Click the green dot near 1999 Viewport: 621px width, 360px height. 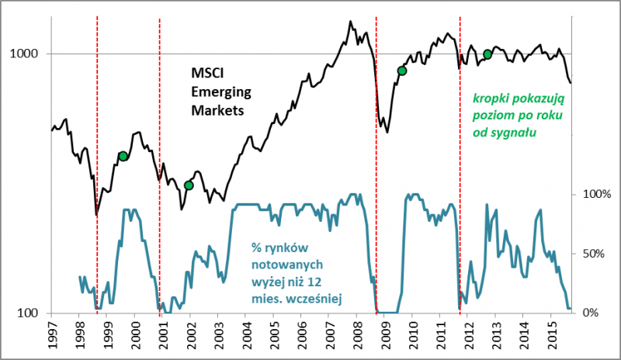point(123,156)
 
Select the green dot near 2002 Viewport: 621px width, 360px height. point(189,185)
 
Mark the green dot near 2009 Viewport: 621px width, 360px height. point(402,71)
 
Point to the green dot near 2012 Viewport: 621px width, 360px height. point(487,54)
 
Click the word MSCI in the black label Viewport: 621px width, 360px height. point(206,74)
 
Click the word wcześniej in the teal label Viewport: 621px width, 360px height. point(318,296)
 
